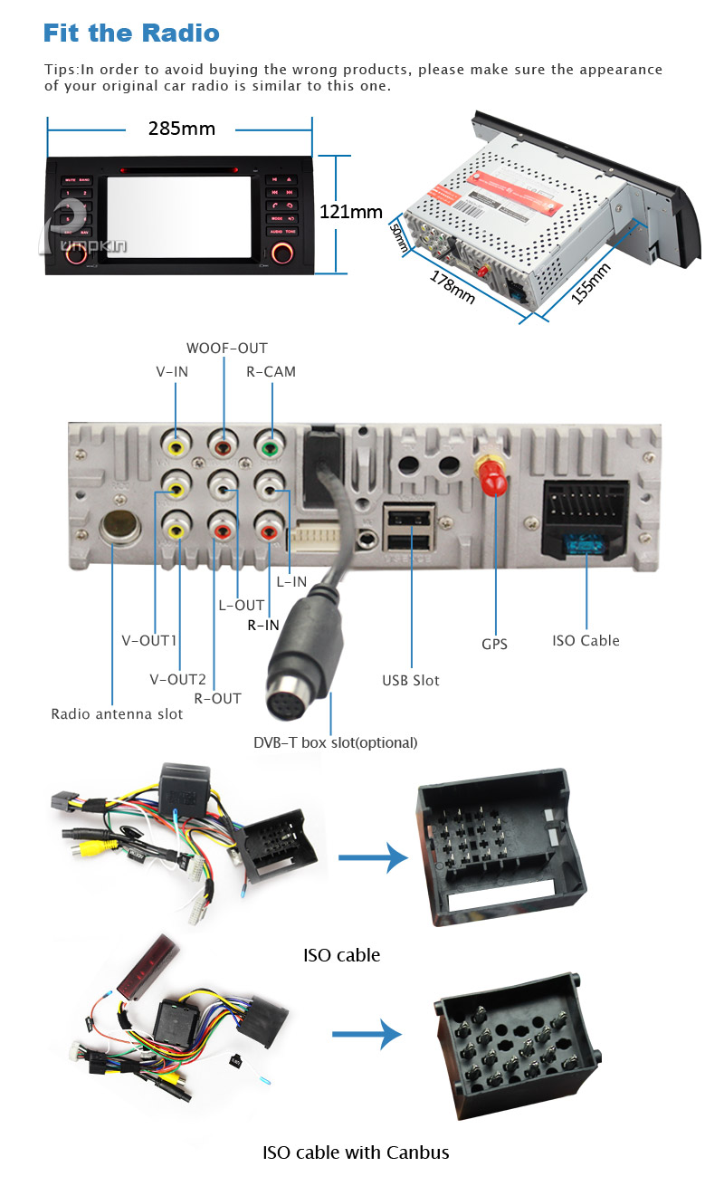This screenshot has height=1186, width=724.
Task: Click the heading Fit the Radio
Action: (x=131, y=34)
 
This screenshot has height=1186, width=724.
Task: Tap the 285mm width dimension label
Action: (x=182, y=129)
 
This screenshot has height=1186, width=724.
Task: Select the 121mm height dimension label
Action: (x=351, y=212)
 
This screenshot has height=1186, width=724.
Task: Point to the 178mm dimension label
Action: (x=452, y=285)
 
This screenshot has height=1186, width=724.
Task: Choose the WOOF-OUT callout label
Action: (x=227, y=349)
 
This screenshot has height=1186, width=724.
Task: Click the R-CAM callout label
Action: (x=271, y=371)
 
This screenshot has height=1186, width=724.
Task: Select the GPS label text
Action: (x=494, y=645)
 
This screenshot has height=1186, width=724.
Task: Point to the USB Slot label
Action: (x=411, y=680)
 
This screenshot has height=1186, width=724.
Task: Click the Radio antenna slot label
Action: (x=117, y=714)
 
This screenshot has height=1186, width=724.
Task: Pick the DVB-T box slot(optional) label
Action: (x=335, y=742)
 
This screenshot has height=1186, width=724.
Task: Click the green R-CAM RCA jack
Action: (x=266, y=445)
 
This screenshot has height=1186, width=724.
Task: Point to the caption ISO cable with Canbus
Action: (x=356, y=1153)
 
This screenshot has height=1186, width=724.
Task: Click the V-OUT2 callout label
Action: (x=178, y=679)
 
